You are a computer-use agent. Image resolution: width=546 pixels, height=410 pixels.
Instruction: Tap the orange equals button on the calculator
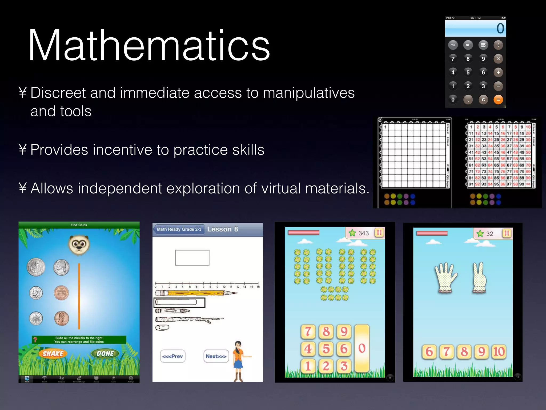(498, 100)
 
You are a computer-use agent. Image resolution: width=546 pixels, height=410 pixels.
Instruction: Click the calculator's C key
(483, 100)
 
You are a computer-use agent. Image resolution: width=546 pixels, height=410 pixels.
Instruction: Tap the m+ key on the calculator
(453, 45)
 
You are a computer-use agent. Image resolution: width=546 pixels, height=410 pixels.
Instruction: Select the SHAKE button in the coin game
(53, 353)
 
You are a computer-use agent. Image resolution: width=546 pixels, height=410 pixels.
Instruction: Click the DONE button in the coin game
(105, 353)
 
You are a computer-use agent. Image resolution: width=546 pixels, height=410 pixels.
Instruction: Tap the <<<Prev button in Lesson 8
(172, 356)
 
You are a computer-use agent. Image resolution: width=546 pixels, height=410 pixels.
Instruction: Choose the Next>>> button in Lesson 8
(216, 356)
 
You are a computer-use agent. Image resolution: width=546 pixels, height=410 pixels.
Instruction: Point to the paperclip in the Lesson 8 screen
(162, 328)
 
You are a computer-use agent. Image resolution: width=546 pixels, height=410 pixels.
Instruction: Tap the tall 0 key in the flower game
(362, 348)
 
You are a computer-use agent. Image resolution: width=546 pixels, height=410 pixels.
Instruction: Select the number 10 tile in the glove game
(499, 352)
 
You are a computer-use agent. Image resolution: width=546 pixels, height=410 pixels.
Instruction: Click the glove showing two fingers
(479, 278)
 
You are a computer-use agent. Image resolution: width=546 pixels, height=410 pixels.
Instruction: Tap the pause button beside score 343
(379, 233)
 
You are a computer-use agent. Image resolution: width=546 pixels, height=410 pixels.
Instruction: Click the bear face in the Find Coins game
(79, 244)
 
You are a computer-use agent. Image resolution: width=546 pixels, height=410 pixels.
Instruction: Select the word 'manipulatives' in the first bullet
(309, 93)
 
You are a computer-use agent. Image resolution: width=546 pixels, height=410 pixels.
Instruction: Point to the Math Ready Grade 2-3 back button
(179, 229)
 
